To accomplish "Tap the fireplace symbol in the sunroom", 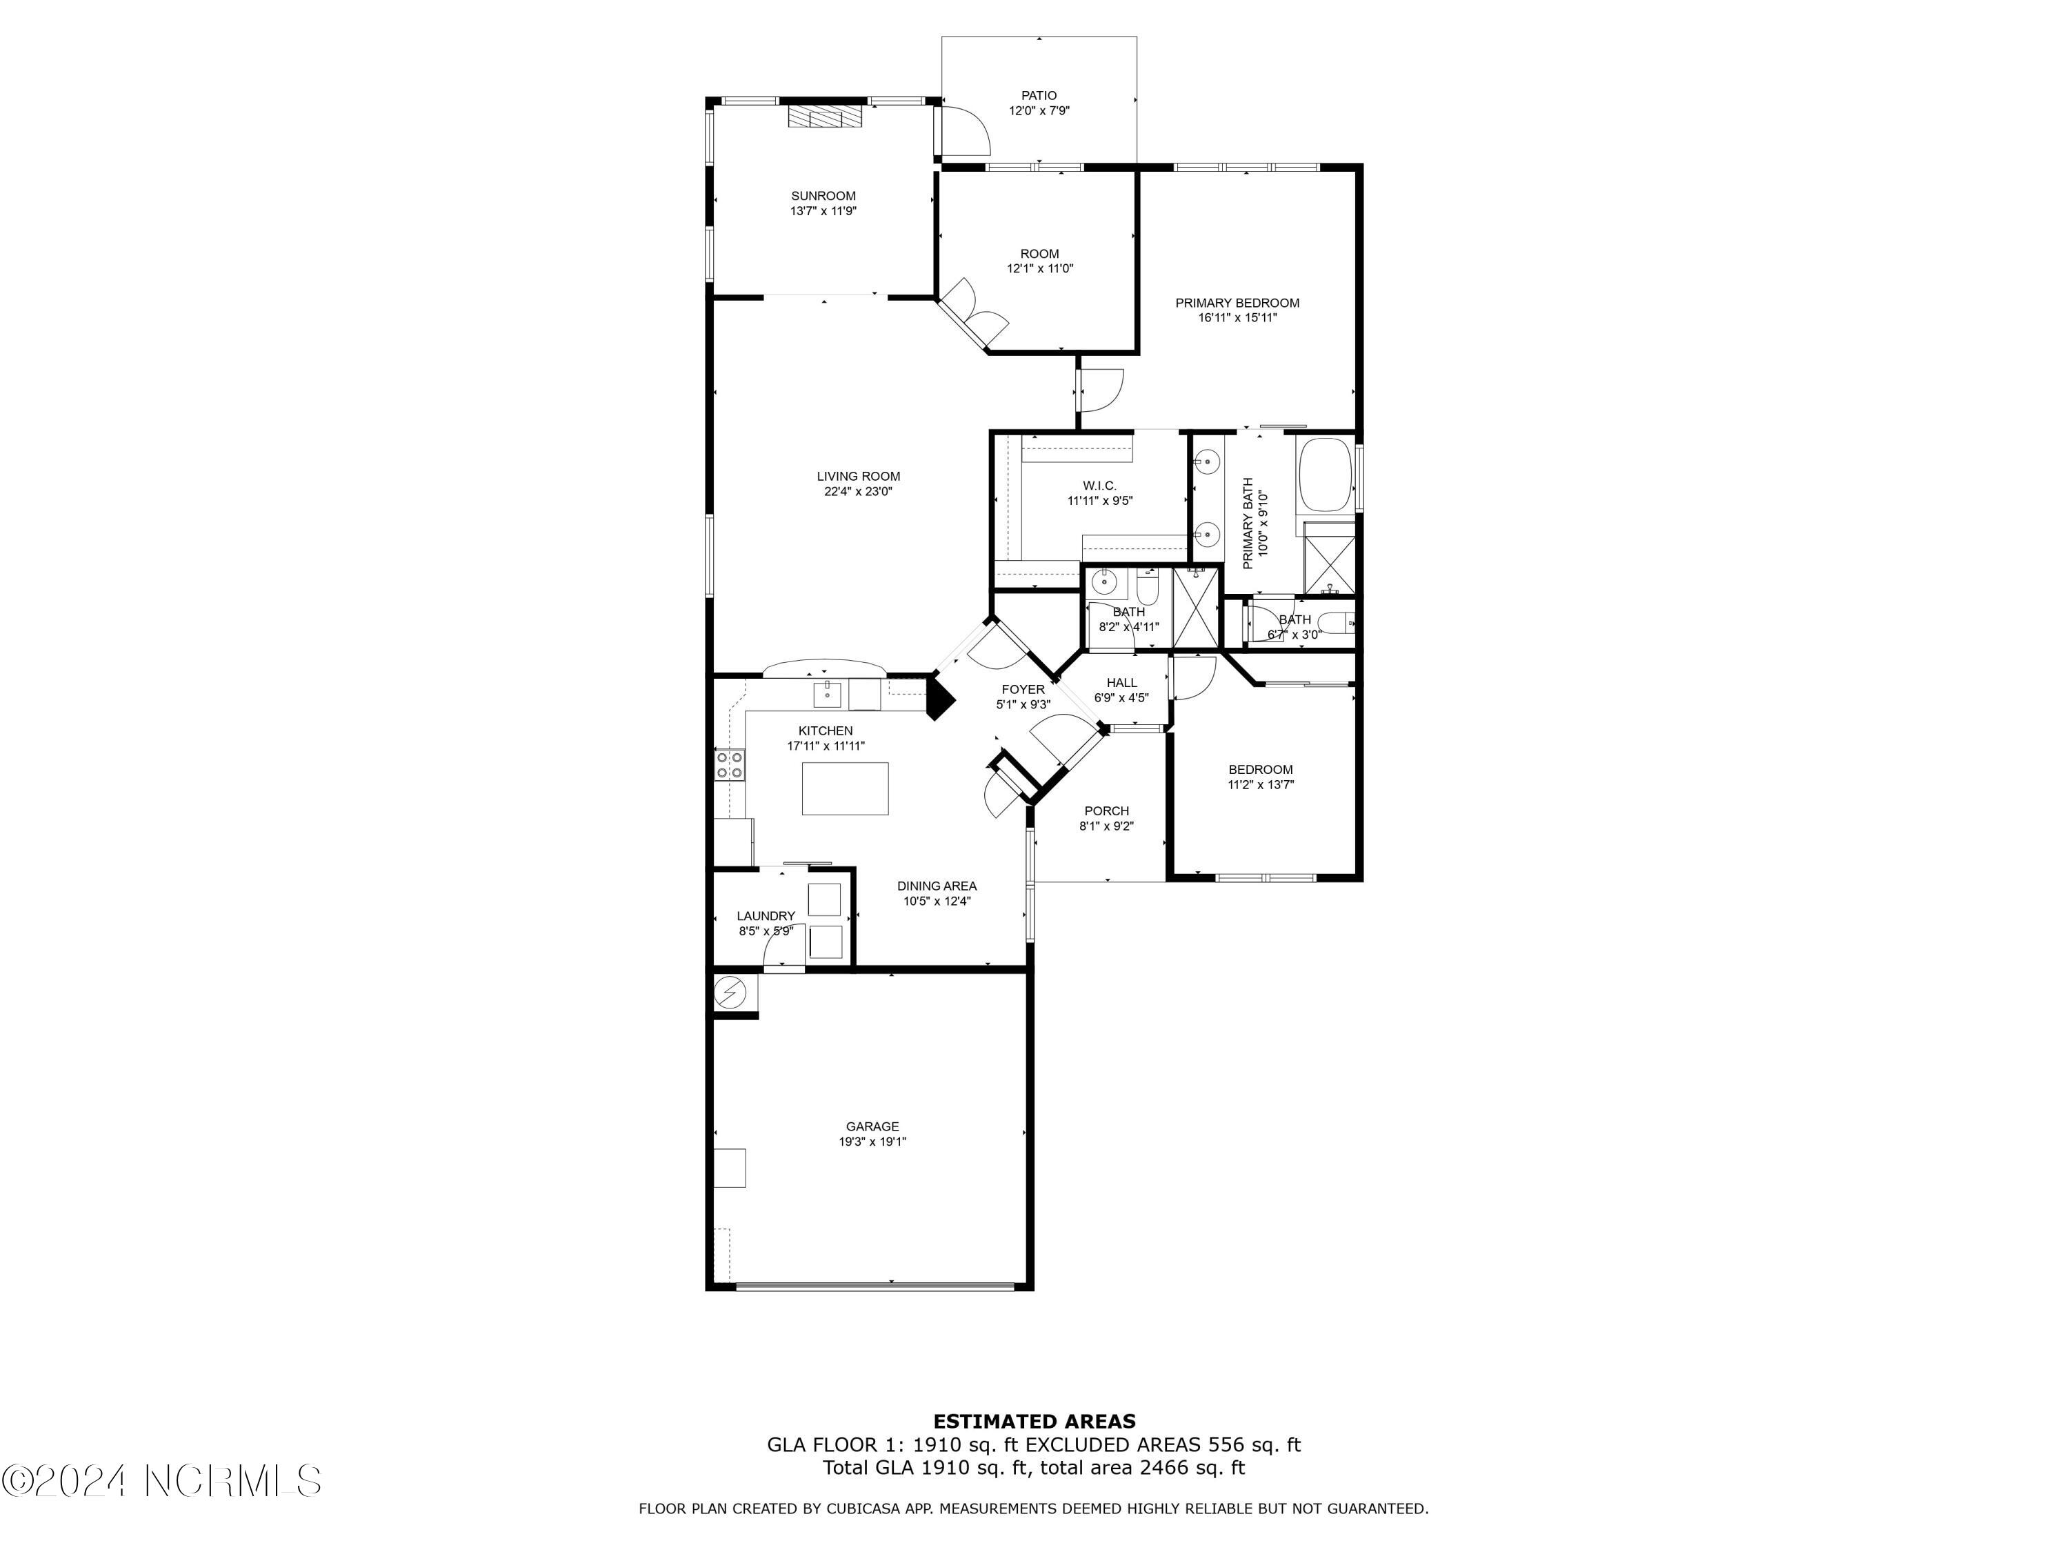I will pyautogui.click(x=824, y=116).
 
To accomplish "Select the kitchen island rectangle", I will pyautogui.click(x=845, y=788).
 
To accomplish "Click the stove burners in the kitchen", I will pyautogui.click(x=730, y=764).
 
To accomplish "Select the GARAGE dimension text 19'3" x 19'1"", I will pyautogui.click(x=872, y=1142).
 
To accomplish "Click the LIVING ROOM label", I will pyautogui.click(x=858, y=476).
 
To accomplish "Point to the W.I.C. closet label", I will pyautogui.click(x=1099, y=486).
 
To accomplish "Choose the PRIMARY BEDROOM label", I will pyautogui.click(x=1237, y=303).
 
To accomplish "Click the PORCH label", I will pyautogui.click(x=1106, y=811).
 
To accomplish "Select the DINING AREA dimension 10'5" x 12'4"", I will pyautogui.click(x=937, y=901).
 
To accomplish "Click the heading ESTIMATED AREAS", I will pyautogui.click(x=1034, y=1422).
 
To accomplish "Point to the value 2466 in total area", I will pyautogui.click(x=1161, y=1467).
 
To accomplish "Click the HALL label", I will pyautogui.click(x=1121, y=683).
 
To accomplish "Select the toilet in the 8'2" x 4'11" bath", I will pyautogui.click(x=1148, y=586).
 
